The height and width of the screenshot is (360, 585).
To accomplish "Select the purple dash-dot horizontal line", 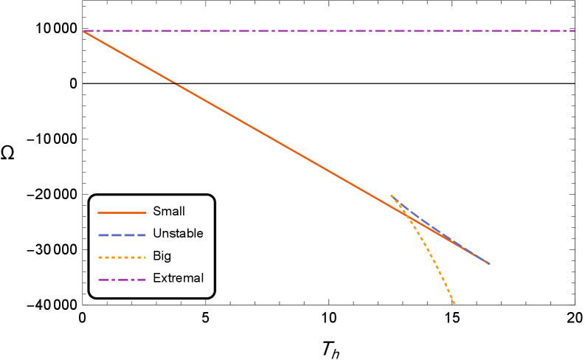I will pyautogui.click(x=332, y=31).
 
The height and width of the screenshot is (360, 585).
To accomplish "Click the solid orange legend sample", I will pyautogui.click(x=122, y=212).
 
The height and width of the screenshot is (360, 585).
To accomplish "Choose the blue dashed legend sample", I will pyautogui.click(x=122, y=235).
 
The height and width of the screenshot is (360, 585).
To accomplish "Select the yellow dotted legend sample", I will pyautogui.click(x=122, y=257).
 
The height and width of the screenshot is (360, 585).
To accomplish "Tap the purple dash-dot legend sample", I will pyautogui.click(x=122, y=280).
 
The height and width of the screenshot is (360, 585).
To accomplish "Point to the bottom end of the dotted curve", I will pyautogui.click(x=454, y=304).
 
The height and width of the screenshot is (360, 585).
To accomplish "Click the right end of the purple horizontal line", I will pyautogui.click(x=574, y=31).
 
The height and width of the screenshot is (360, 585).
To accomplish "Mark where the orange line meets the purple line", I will pyautogui.click(x=85, y=31).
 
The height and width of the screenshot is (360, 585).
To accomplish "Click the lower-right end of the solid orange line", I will pyautogui.click(x=488, y=263).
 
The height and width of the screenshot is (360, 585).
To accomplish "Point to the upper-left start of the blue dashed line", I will pyautogui.click(x=391, y=195).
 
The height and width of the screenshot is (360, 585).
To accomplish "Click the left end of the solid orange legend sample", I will pyautogui.click(x=99, y=212).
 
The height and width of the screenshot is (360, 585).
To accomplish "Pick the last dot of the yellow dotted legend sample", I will pyautogui.click(x=144, y=257).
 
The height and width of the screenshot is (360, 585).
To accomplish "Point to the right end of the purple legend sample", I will pyautogui.click(x=145, y=280).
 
